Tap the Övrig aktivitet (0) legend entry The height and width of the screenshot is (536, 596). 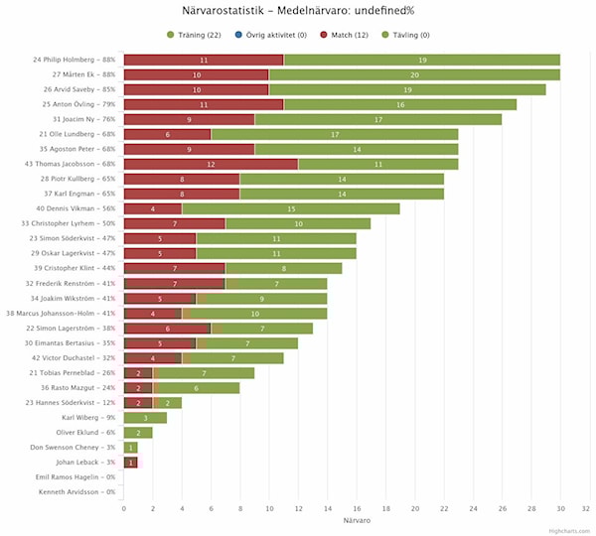click(x=270, y=35)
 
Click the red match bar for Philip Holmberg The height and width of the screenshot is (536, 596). click(x=203, y=60)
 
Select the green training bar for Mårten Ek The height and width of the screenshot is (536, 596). click(x=414, y=74)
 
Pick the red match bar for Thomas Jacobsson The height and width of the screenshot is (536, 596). click(x=211, y=164)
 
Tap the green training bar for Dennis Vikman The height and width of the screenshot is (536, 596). click(x=291, y=208)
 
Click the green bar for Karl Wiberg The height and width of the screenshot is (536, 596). click(x=145, y=417)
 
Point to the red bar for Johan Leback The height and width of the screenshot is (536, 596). click(x=130, y=462)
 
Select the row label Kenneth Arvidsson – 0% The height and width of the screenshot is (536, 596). click(x=76, y=491)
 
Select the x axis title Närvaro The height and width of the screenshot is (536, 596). click(x=357, y=521)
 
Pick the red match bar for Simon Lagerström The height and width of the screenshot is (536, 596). click(x=167, y=328)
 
